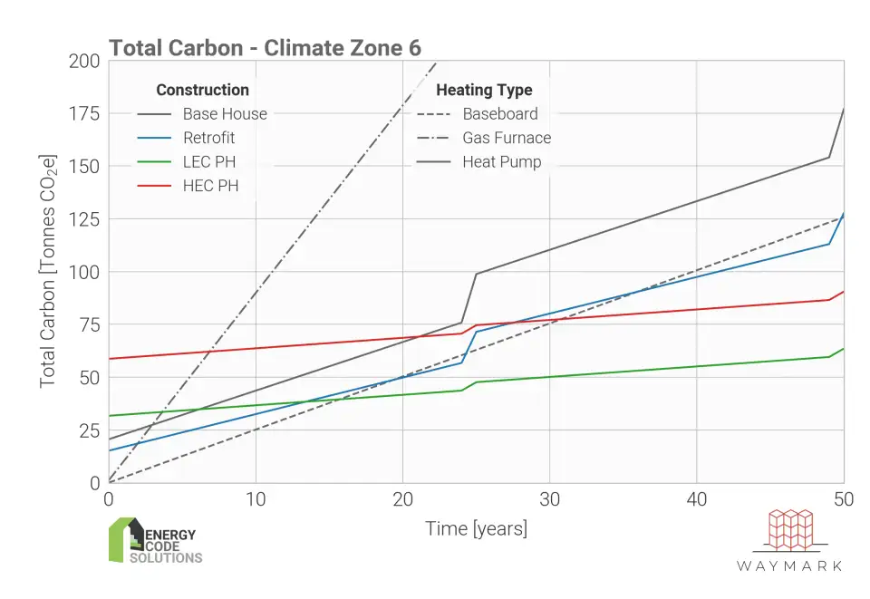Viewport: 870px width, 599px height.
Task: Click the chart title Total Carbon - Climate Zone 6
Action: tap(265, 48)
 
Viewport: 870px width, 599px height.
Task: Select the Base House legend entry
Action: tap(225, 114)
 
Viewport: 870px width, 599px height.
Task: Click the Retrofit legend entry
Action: tap(208, 138)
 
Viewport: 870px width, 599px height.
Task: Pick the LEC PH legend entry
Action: tap(208, 162)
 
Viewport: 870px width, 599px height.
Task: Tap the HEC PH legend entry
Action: tap(208, 187)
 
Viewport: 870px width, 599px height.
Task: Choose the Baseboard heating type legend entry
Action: tap(499, 114)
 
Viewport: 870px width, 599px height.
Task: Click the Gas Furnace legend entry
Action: tap(507, 138)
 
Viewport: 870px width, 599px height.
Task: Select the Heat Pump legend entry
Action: tap(501, 162)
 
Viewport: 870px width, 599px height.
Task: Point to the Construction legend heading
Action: tap(202, 90)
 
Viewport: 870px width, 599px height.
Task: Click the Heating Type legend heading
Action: tap(484, 90)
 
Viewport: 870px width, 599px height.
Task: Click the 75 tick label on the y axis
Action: tap(91, 324)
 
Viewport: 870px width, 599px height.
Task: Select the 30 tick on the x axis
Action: tap(549, 499)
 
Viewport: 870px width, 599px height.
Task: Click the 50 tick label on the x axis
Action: tap(844, 499)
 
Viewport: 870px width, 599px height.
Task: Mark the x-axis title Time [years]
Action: tap(476, 528)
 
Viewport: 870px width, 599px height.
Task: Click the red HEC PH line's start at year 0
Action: tap(110, 359)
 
